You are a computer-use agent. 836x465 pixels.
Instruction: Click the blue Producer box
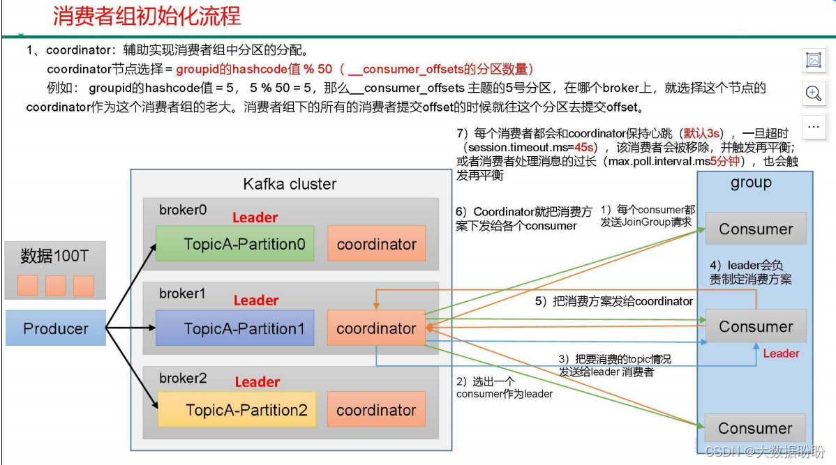[x=56, y=328]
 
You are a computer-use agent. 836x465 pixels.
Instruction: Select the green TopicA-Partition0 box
[x=234, y=244]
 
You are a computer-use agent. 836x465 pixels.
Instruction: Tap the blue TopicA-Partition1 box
[x=234, y=328]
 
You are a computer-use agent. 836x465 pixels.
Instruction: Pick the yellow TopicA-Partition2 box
[x=237, y=410]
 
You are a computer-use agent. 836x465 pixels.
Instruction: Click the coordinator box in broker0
[x=376, y=244]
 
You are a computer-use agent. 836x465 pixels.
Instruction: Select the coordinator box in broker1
[x=376, y=328]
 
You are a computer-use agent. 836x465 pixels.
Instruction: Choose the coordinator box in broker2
[x=376, y=410]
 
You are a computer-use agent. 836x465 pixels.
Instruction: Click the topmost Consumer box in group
[x=756, y=229]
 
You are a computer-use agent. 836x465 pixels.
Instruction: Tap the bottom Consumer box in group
[x=755, y=428]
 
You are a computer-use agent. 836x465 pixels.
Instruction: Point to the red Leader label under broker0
[x=255, y=218]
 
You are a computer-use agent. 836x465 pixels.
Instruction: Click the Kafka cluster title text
[x=290, y=184]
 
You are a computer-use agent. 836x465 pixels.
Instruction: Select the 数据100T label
[x=54, y=256]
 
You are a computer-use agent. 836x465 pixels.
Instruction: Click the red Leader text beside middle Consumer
[x=781, y=353]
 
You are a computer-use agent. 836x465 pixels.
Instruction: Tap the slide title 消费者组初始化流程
[x=147, y=16]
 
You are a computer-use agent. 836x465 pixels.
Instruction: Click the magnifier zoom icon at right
[x=813, y=93]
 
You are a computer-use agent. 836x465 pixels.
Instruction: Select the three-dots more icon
[x=813, y=127]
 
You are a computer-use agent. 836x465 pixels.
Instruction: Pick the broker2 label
[x=183, y=378]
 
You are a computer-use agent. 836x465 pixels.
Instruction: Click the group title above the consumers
[x=751, y=183]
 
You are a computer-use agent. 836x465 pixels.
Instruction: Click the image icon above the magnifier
[x=813, y=60]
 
